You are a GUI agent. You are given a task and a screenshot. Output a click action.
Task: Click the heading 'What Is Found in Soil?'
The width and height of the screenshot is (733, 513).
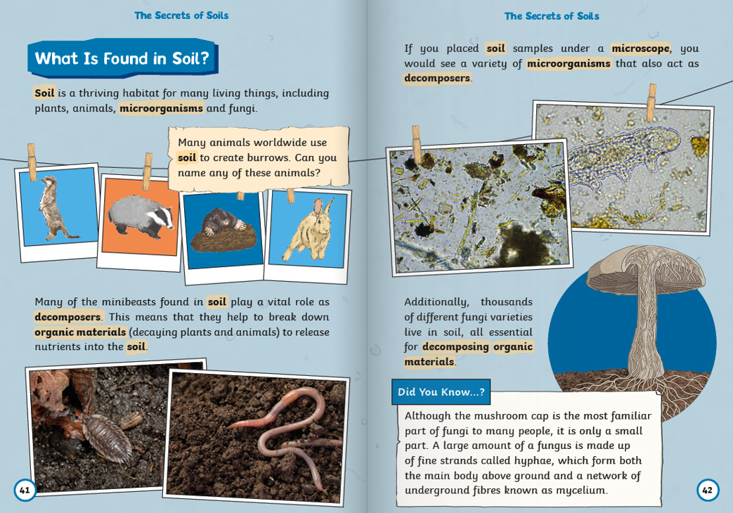[x=122, y=58]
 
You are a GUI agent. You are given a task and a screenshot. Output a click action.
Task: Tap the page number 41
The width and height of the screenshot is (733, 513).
[x=25, y=490]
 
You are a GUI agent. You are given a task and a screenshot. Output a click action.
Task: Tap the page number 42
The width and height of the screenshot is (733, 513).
[x=707, y=490]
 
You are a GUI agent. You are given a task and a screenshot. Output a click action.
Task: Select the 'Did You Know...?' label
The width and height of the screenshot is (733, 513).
[x=441, y=392]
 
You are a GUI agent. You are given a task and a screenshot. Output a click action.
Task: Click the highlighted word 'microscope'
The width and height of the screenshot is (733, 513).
[x=640, y=48]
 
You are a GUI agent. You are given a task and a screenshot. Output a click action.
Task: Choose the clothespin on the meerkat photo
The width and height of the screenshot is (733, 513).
[x=32, y=161]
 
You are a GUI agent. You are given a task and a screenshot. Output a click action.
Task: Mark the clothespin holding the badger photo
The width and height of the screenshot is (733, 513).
[x=148, y=171]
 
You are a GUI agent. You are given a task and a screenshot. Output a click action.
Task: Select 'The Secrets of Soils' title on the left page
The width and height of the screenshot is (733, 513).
[x=181, y=15]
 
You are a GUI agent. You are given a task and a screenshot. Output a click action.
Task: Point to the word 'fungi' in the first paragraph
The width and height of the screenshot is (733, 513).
[x=242, y=108]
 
